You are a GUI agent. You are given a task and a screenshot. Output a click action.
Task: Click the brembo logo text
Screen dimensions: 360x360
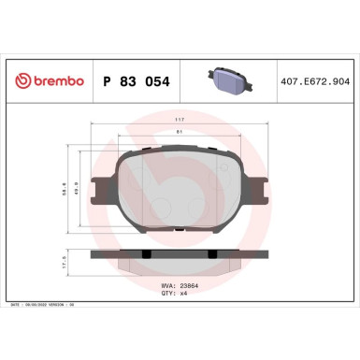(53, 81)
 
